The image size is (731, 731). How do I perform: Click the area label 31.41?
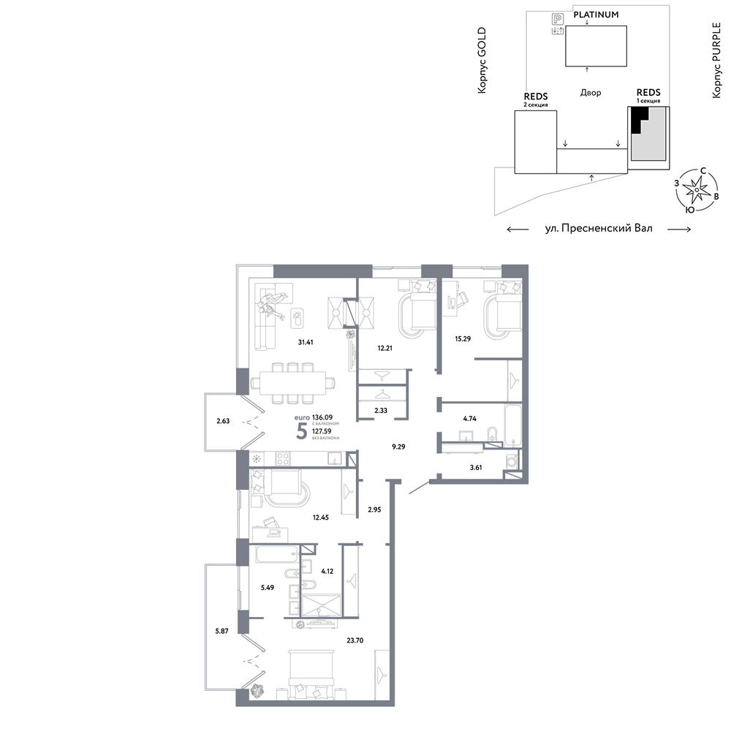pyautogui.click(x=306, y=342)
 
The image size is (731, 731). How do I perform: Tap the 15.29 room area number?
pyautogui.click(x=463, y=339)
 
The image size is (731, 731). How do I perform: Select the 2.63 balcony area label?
pyautogui.click(x=223, y=421)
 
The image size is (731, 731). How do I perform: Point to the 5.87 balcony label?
pyautogui.click(x=221, y=632)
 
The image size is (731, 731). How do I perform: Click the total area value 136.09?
pyautogui.click(x=322, y=417)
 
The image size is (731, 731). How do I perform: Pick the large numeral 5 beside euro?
pyautogui.click(x=302, y=432)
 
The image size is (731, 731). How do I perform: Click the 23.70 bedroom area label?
pyautogui.click(x=355, y=640)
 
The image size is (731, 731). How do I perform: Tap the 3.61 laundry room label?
pyautogui.click(x=476, y=467)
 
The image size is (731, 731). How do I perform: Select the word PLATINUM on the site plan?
pyautogui.click(x=596, y=15)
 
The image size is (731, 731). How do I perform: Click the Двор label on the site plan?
pyautogui.click(x=590, y=93)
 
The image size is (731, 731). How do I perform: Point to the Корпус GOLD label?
pyautogui.click(x=482, y=61)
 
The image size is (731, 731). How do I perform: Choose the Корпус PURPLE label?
pyautogui.click(x=716, y=61)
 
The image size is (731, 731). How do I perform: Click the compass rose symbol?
pyautogui.click(x=696, y=190)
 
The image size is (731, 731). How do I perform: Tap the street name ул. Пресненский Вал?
pyautogui.click(x=599, y=228)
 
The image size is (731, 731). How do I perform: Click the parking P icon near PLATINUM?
pyautogui.click(x=558, y=19)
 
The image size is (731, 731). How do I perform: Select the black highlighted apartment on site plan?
pyautogui.click(x=637, y=121)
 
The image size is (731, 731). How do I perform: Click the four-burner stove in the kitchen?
pyautogui.click(x=283, y=459)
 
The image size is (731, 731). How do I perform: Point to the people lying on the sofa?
pyautogui.click(x=272, y=305)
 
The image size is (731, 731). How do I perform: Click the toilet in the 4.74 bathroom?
pyautogui.click(x=492, y=433)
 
